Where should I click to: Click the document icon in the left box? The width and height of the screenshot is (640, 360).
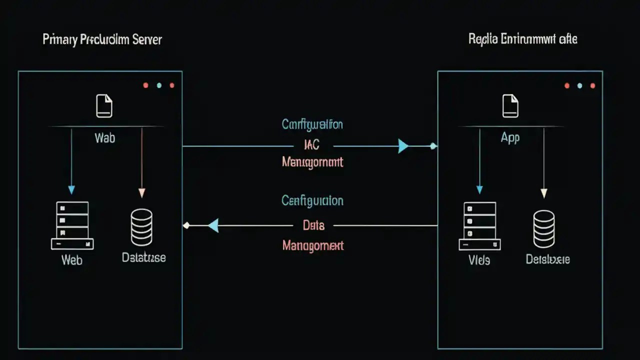pos(104,106)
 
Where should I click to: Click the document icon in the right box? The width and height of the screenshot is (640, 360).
pos(510,106)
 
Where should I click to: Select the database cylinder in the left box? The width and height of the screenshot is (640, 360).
pos(141,227)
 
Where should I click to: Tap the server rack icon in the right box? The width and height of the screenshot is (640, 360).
pos(479,226)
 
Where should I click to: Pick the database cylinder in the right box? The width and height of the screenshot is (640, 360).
pos(543,228)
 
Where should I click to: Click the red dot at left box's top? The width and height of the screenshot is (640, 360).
pos(145,85)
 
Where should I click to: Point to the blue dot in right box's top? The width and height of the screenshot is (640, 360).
pos(579,86)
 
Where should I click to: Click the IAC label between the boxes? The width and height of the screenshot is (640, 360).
pos(311,145)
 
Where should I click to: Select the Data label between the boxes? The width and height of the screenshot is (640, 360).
pos(313,225)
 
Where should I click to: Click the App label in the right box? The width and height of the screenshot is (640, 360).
pos(510,138)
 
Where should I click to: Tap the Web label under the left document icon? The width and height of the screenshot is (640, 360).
pos(104,138)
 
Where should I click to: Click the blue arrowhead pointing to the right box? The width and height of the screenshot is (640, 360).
pos(403,146)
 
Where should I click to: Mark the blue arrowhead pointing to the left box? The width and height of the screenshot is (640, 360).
pos(213,225)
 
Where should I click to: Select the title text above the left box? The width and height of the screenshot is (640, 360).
pos(102,40)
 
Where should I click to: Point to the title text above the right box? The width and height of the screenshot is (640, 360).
pos(522,39)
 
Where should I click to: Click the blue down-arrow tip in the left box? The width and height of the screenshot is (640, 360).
pos(71,190)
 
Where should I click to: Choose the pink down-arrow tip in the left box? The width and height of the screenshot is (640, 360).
pos(141,193)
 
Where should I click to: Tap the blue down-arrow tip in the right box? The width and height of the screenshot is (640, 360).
pos(479,190)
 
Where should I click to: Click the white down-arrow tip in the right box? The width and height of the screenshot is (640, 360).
pos(544,193)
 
